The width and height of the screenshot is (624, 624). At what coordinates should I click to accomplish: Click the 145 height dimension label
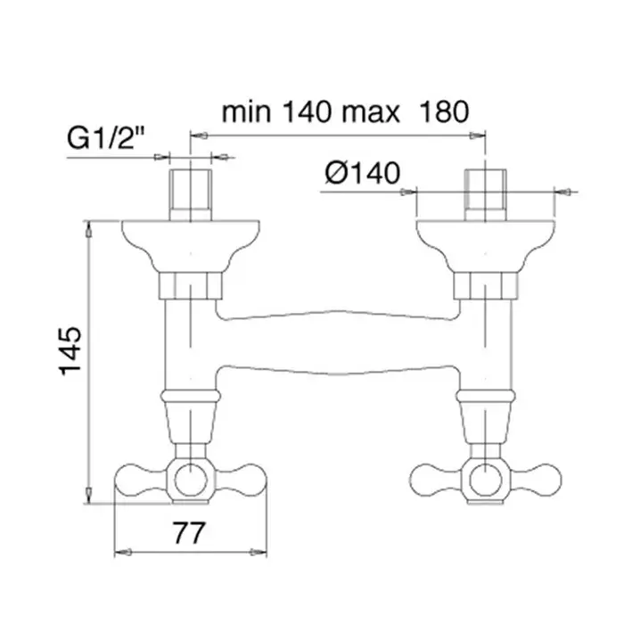point(70,351)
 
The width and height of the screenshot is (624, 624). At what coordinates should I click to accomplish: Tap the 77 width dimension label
point(189,533)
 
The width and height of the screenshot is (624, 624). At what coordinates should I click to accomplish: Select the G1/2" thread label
point(105,137)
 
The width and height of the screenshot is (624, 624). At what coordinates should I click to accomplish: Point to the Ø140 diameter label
point(363,173)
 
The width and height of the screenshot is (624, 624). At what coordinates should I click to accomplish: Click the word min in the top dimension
point(246,111)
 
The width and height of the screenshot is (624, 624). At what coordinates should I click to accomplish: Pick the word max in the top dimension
point(371,112)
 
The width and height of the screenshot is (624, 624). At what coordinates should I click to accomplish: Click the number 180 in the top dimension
point(444,111)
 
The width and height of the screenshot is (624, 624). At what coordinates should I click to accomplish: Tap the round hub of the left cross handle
point(191,480)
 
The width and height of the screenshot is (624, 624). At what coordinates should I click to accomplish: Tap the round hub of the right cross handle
point(486,480)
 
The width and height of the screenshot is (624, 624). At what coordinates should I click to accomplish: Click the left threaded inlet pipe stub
point(191,195)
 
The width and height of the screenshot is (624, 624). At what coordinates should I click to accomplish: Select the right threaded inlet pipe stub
point(486,195)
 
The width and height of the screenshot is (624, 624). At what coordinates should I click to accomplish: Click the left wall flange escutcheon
point(191,246)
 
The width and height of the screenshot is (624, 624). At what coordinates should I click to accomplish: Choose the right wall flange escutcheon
point(486,246)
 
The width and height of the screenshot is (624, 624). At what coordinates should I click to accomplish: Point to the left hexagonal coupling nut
point(191,286)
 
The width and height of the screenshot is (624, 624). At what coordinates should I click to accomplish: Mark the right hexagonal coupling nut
point(486,286)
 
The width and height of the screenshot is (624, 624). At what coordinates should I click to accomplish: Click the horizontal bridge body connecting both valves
point(338,342)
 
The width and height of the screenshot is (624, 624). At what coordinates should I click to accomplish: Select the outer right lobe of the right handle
point(538,480)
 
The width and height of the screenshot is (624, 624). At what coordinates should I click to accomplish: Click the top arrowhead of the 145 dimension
point(89,230)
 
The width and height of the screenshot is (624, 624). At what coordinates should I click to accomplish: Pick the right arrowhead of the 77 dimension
point(258,552)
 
